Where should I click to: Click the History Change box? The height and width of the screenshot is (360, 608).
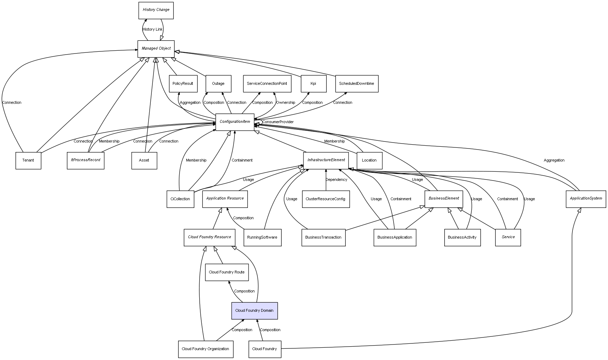(x=156, y=10)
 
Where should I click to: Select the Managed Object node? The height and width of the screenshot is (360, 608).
(x=156, y=49)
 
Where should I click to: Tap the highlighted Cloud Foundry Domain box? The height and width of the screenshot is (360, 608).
(x=255, y=311)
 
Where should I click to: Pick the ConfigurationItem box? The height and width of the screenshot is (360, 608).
(x=235, y=122)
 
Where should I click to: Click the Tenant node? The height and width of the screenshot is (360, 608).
(x=28, y=160)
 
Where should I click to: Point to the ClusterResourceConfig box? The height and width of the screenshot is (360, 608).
(x=326, y=199)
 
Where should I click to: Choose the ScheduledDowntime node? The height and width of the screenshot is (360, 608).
(x=357, y=84)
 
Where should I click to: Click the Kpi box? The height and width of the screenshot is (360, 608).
(x=313, y=84)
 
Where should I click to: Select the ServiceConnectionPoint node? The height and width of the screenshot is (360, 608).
(x=267, y=84)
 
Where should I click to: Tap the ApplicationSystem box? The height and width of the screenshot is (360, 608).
(x=586, y=199)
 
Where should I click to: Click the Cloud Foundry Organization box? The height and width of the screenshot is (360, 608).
(x=206, y=349)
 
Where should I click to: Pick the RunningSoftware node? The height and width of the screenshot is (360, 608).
(x=262, y=238)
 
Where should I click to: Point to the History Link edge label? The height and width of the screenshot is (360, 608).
(x=153, y=30)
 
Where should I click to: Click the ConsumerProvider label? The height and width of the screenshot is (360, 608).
(x=278, y=122)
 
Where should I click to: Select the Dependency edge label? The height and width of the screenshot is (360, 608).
(x=336, y=180)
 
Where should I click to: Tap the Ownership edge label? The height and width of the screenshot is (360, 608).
(x=286, y=103)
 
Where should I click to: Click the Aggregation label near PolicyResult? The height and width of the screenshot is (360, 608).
(x=190, y=103)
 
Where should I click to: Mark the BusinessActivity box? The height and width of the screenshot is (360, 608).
(x=462, y=238)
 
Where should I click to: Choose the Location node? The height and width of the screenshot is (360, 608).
(x=369, y=160)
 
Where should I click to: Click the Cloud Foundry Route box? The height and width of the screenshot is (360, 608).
(x=227, y=272)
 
